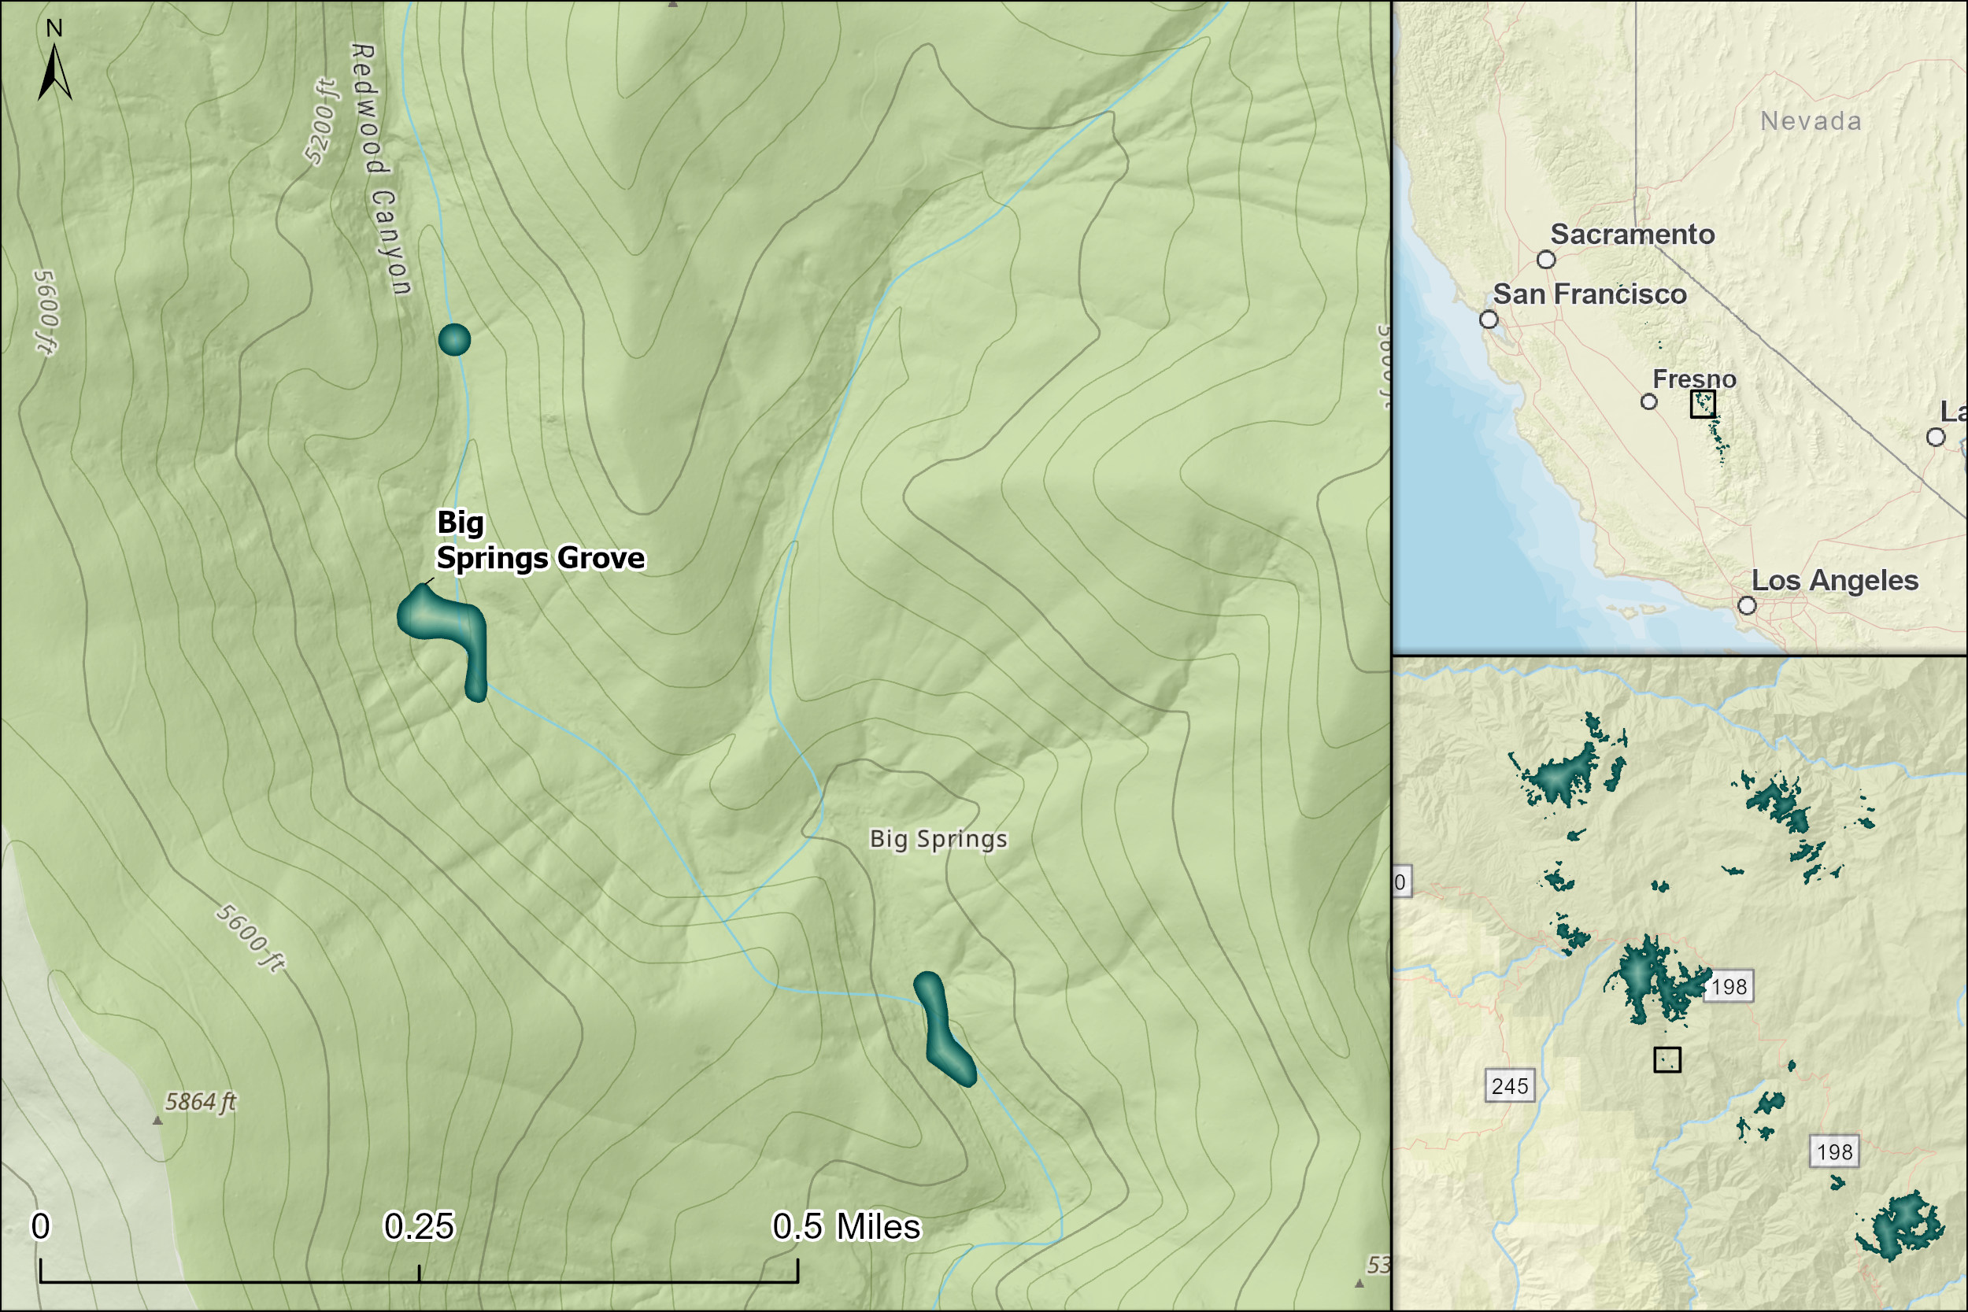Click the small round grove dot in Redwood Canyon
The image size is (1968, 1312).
coord(454,340)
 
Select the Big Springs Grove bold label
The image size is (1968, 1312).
coord(540,541)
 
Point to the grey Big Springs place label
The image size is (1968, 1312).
coord(938,838)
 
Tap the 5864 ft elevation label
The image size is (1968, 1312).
coord(201,1101)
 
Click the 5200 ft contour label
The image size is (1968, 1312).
coord(320,122)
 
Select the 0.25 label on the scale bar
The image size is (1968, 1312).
coord(418,1227)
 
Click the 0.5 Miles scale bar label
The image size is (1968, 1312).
coord(845,1227)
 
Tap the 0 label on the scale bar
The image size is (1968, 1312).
coord(40,1227)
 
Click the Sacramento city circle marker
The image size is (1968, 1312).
coord(1546,260)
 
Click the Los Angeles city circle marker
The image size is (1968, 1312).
coord(1747,605)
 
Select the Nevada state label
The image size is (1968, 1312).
coord(1811,121)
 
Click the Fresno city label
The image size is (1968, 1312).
coord(1694,379)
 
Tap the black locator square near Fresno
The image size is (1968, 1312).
coord(1703,404)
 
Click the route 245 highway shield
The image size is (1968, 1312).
coord(1510,1086)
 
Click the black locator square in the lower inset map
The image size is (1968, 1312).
coord(1667,1060)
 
